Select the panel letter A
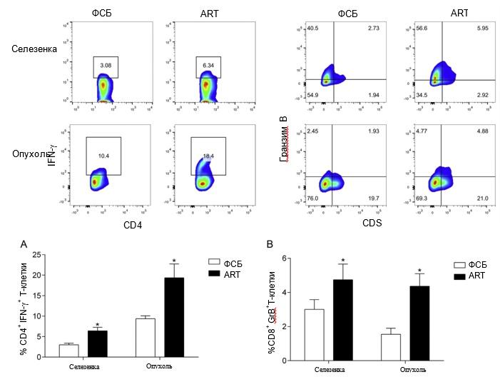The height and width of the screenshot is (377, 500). click(x=24, y=243)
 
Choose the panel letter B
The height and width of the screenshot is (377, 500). click(x=269, y=243)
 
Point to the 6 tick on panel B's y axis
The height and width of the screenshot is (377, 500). click(x=284, y=258)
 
